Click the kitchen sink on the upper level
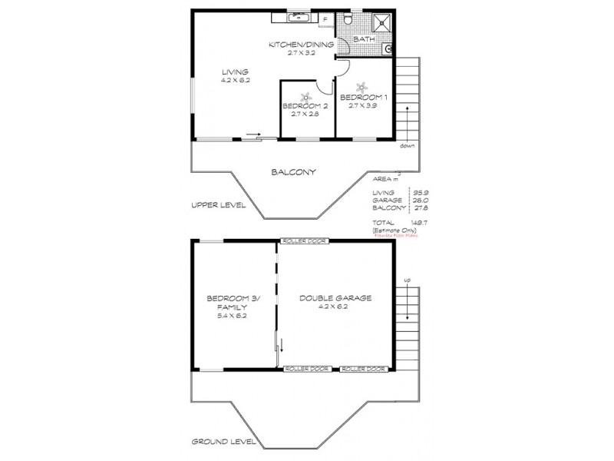tap(296, 15)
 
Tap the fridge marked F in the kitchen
tap(325, 19)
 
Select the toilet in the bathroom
tap(348, 18)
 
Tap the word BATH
tap(364, 38)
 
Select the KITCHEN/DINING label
tap(301, 45)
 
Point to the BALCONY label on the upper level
tap(295, 172)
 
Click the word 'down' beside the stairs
tap(407, 145)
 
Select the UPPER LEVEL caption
tap(219, 205)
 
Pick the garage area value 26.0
tap(419, 200)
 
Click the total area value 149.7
tap(418, 221)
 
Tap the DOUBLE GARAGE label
tap(335, 298)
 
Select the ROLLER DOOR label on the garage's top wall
tap(305, 241)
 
